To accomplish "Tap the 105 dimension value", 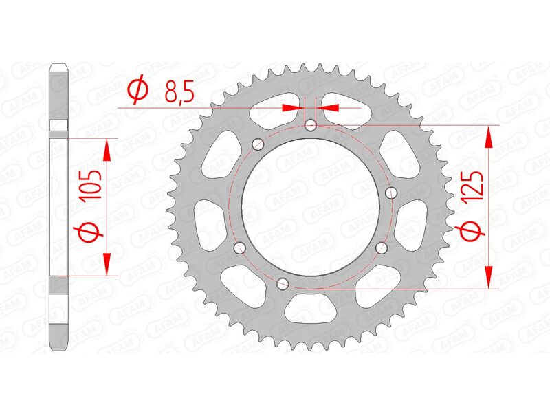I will coord(92,186).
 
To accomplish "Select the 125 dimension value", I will coord(474,187).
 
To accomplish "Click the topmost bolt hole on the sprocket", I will coord(311,125).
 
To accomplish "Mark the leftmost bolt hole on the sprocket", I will coord(239,248).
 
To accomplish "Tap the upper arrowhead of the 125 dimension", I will coord(489,138).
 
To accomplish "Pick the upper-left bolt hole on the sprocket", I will coord(258,144).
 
